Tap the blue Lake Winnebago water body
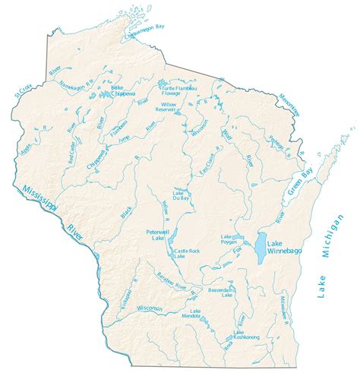pyautogui.click(x=261, y=245)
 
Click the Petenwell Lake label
pyautogui.click(x=159, y=234)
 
